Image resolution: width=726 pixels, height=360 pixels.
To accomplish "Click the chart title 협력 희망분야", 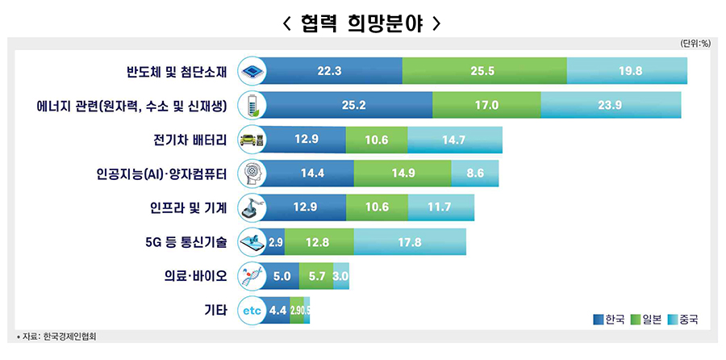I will coord(362,23).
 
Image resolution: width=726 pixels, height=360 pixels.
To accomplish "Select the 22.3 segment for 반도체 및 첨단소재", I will coord(330,71).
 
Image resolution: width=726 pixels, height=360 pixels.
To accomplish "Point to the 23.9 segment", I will coord(610,105).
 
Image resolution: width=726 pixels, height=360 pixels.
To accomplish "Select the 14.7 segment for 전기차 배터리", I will coord(454,140).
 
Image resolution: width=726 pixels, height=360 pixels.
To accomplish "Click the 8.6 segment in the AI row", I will coord(474,174).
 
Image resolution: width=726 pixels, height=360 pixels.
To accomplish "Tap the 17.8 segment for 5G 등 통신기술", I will coord(409,241).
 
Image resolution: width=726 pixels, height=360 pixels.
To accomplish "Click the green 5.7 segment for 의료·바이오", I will coord(315,276).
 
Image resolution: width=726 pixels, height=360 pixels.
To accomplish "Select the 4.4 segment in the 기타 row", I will coord(277,310).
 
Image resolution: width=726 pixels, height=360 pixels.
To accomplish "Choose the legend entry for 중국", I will coord(683,320).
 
